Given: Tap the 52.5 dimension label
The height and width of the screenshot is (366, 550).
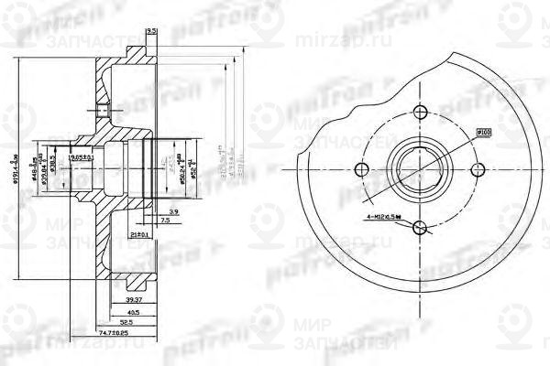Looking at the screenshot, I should [x=128, y=321].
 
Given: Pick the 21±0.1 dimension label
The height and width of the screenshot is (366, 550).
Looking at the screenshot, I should [x=139, y=234].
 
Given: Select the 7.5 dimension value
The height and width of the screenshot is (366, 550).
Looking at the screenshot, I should [x=164, y=221].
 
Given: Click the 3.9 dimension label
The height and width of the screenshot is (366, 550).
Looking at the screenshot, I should [x=174, y=210].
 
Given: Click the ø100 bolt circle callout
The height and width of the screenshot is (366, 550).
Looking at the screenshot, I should [x=485, y=132].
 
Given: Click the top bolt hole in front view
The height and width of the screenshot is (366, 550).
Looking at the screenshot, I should [x=421, y=113].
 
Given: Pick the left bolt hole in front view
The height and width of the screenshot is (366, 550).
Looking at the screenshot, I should [x=362, y=169].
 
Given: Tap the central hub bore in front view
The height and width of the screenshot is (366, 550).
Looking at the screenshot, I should [x=421, y=169].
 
